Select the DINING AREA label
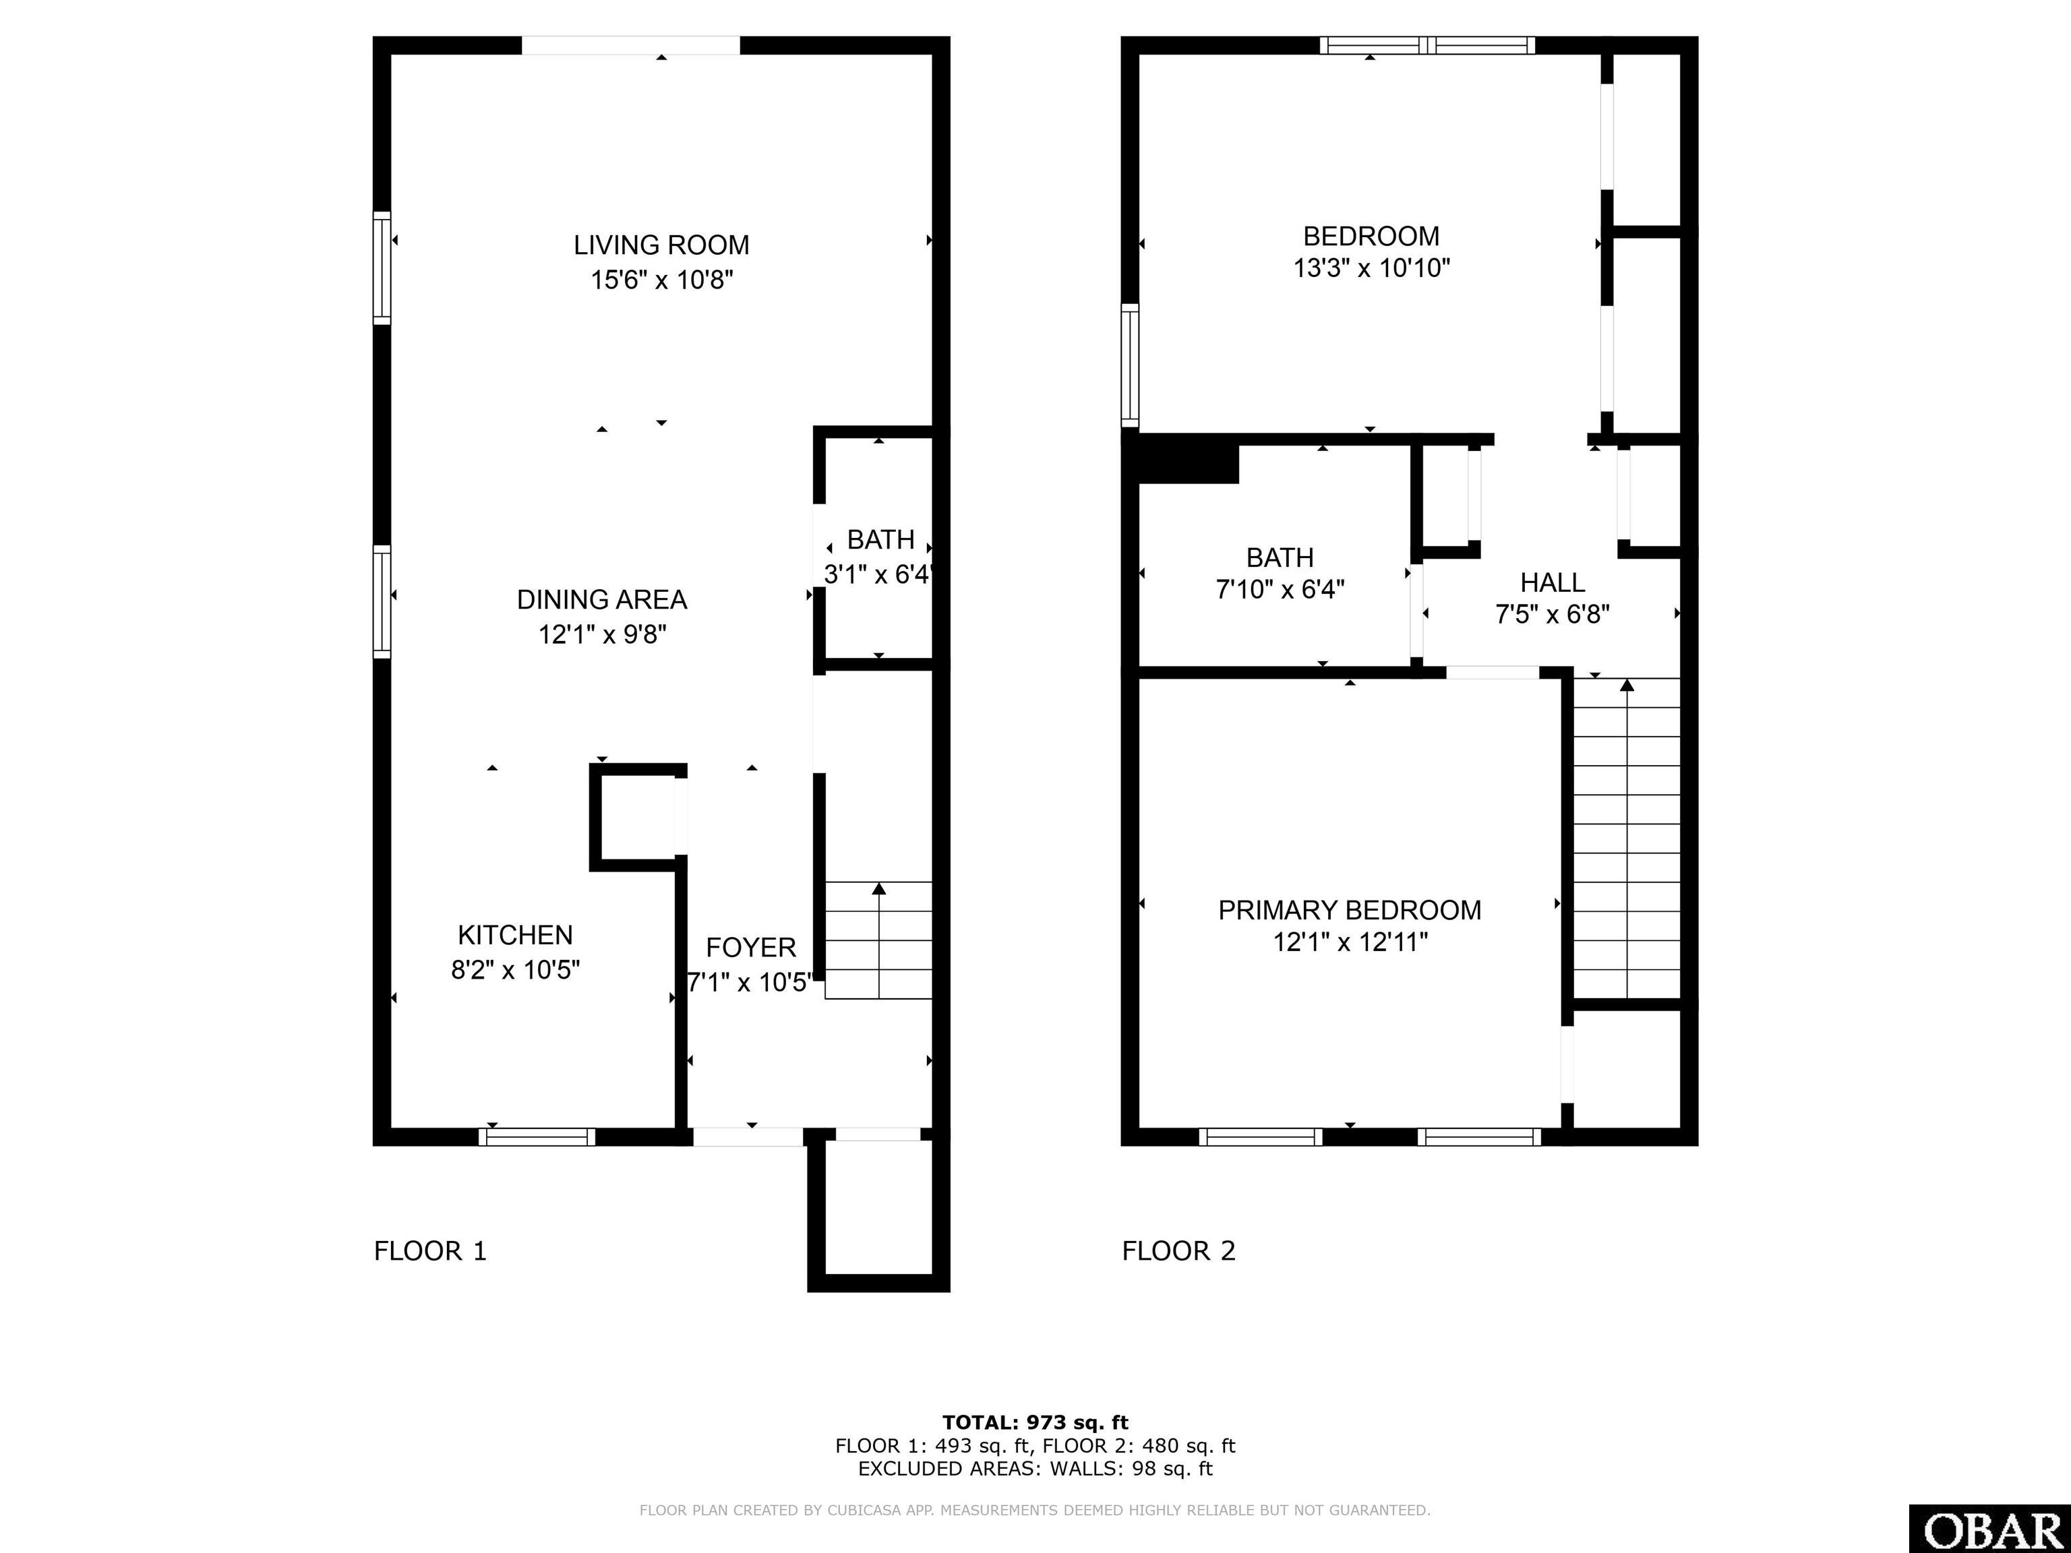click(602, 600)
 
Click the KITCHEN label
click(515, 935)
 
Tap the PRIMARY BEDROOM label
click(1349, 910)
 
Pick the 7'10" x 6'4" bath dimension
click(1280, 590)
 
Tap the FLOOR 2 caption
click(1178, 1250)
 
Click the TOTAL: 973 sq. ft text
click(1035, 1423)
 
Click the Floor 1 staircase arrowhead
click(878, 888)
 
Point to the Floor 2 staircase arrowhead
click(1627, 686)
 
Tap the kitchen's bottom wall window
click(537, 1136)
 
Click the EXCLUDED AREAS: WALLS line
click(1035, 1469)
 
